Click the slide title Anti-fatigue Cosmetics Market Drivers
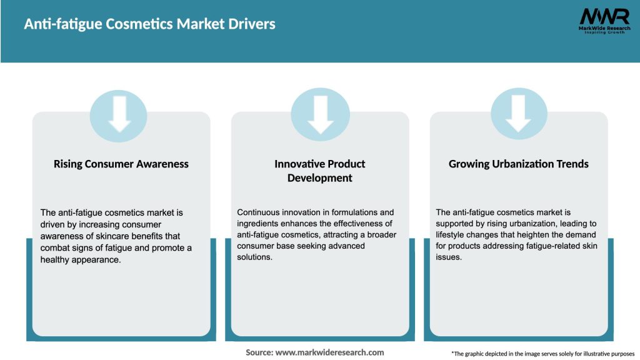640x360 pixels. (x=149, y=24)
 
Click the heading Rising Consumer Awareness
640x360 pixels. (x=121, y=164)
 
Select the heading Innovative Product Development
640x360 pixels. (x=320, y=171)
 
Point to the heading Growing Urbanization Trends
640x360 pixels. (x=519, y=164)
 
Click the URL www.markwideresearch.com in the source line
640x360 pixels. (x=329, y=352)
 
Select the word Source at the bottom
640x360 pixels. (x=259, y=352)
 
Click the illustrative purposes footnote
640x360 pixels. (x=542, y=354)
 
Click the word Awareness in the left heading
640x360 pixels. (x=159, y=164)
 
